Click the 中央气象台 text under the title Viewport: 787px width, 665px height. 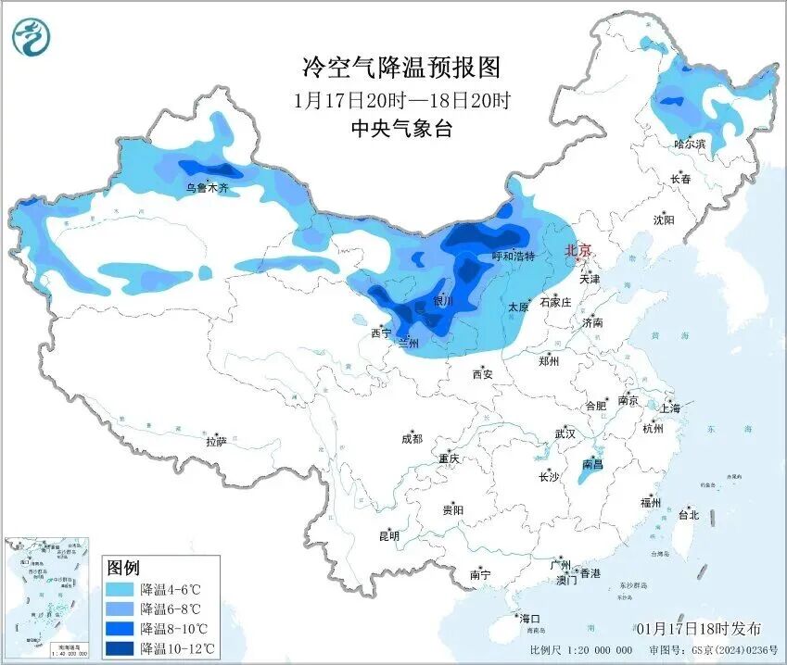coord(401,130)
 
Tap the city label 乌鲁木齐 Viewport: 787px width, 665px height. coord(207,188)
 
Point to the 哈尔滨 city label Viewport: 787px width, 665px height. coord(689,144)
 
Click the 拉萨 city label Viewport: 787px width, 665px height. coord(216,442)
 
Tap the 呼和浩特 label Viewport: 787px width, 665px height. coord(513,257)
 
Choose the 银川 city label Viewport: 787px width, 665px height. coord(444,301)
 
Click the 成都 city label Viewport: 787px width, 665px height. coord(412,439)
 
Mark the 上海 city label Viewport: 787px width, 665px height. coord(669,408)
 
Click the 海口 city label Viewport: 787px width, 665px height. coord(529,619)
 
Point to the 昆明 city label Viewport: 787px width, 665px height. coord(388,535)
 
